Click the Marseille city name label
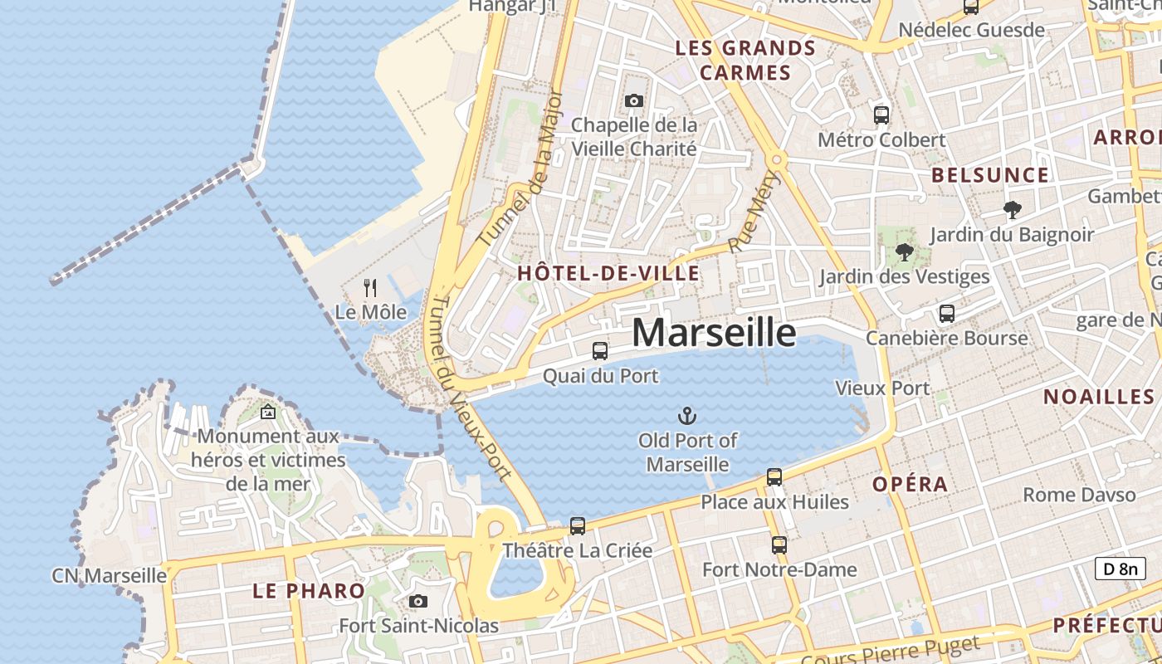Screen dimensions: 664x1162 tap(714, 332)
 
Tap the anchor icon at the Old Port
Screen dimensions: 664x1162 tap(687, 416)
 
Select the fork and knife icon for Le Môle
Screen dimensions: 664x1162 tap(370, 288)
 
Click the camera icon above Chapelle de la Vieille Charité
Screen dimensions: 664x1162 tap(634, 101)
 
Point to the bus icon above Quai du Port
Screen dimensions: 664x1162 tap(600, 351)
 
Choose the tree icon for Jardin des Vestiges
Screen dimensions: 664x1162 tap(905, 251)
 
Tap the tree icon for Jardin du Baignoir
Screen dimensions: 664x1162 tap(1012, 210)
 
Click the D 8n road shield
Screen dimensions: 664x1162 tap(1120, 569)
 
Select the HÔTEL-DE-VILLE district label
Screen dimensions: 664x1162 tap(608, 273)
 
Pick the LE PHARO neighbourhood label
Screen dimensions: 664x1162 tap(309, 591)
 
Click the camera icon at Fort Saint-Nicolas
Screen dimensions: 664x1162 tap(418, 601)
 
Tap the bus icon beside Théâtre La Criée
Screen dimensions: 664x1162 tap(578, 525)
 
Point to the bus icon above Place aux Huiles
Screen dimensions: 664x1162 tap(774, 477)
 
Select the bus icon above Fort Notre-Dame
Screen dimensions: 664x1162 tap(779, 545)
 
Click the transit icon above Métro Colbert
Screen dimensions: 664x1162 tap(881, 115)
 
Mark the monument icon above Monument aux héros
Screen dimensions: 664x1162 tap(268, 412)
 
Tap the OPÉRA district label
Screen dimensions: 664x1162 tap(910, 484)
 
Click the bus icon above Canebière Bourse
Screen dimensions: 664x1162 tap(947, 314)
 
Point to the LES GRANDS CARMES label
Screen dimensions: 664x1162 tap(745, 61)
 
